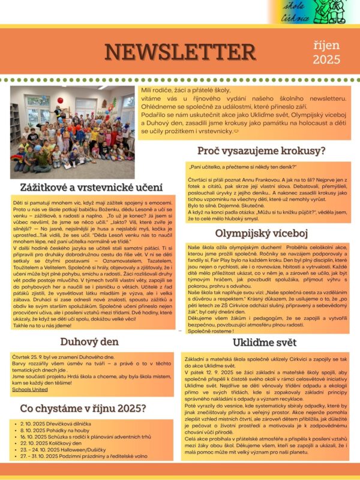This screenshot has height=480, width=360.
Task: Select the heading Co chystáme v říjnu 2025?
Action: point(83,409)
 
